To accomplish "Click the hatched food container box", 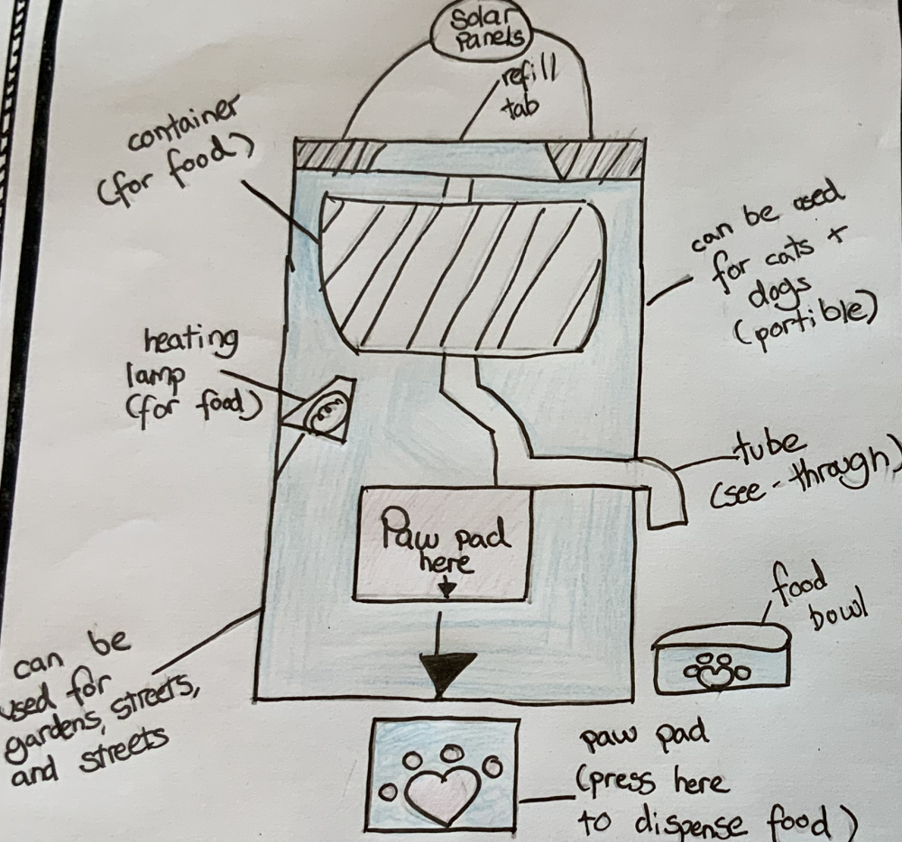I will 461,273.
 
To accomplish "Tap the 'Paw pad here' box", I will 443,544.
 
